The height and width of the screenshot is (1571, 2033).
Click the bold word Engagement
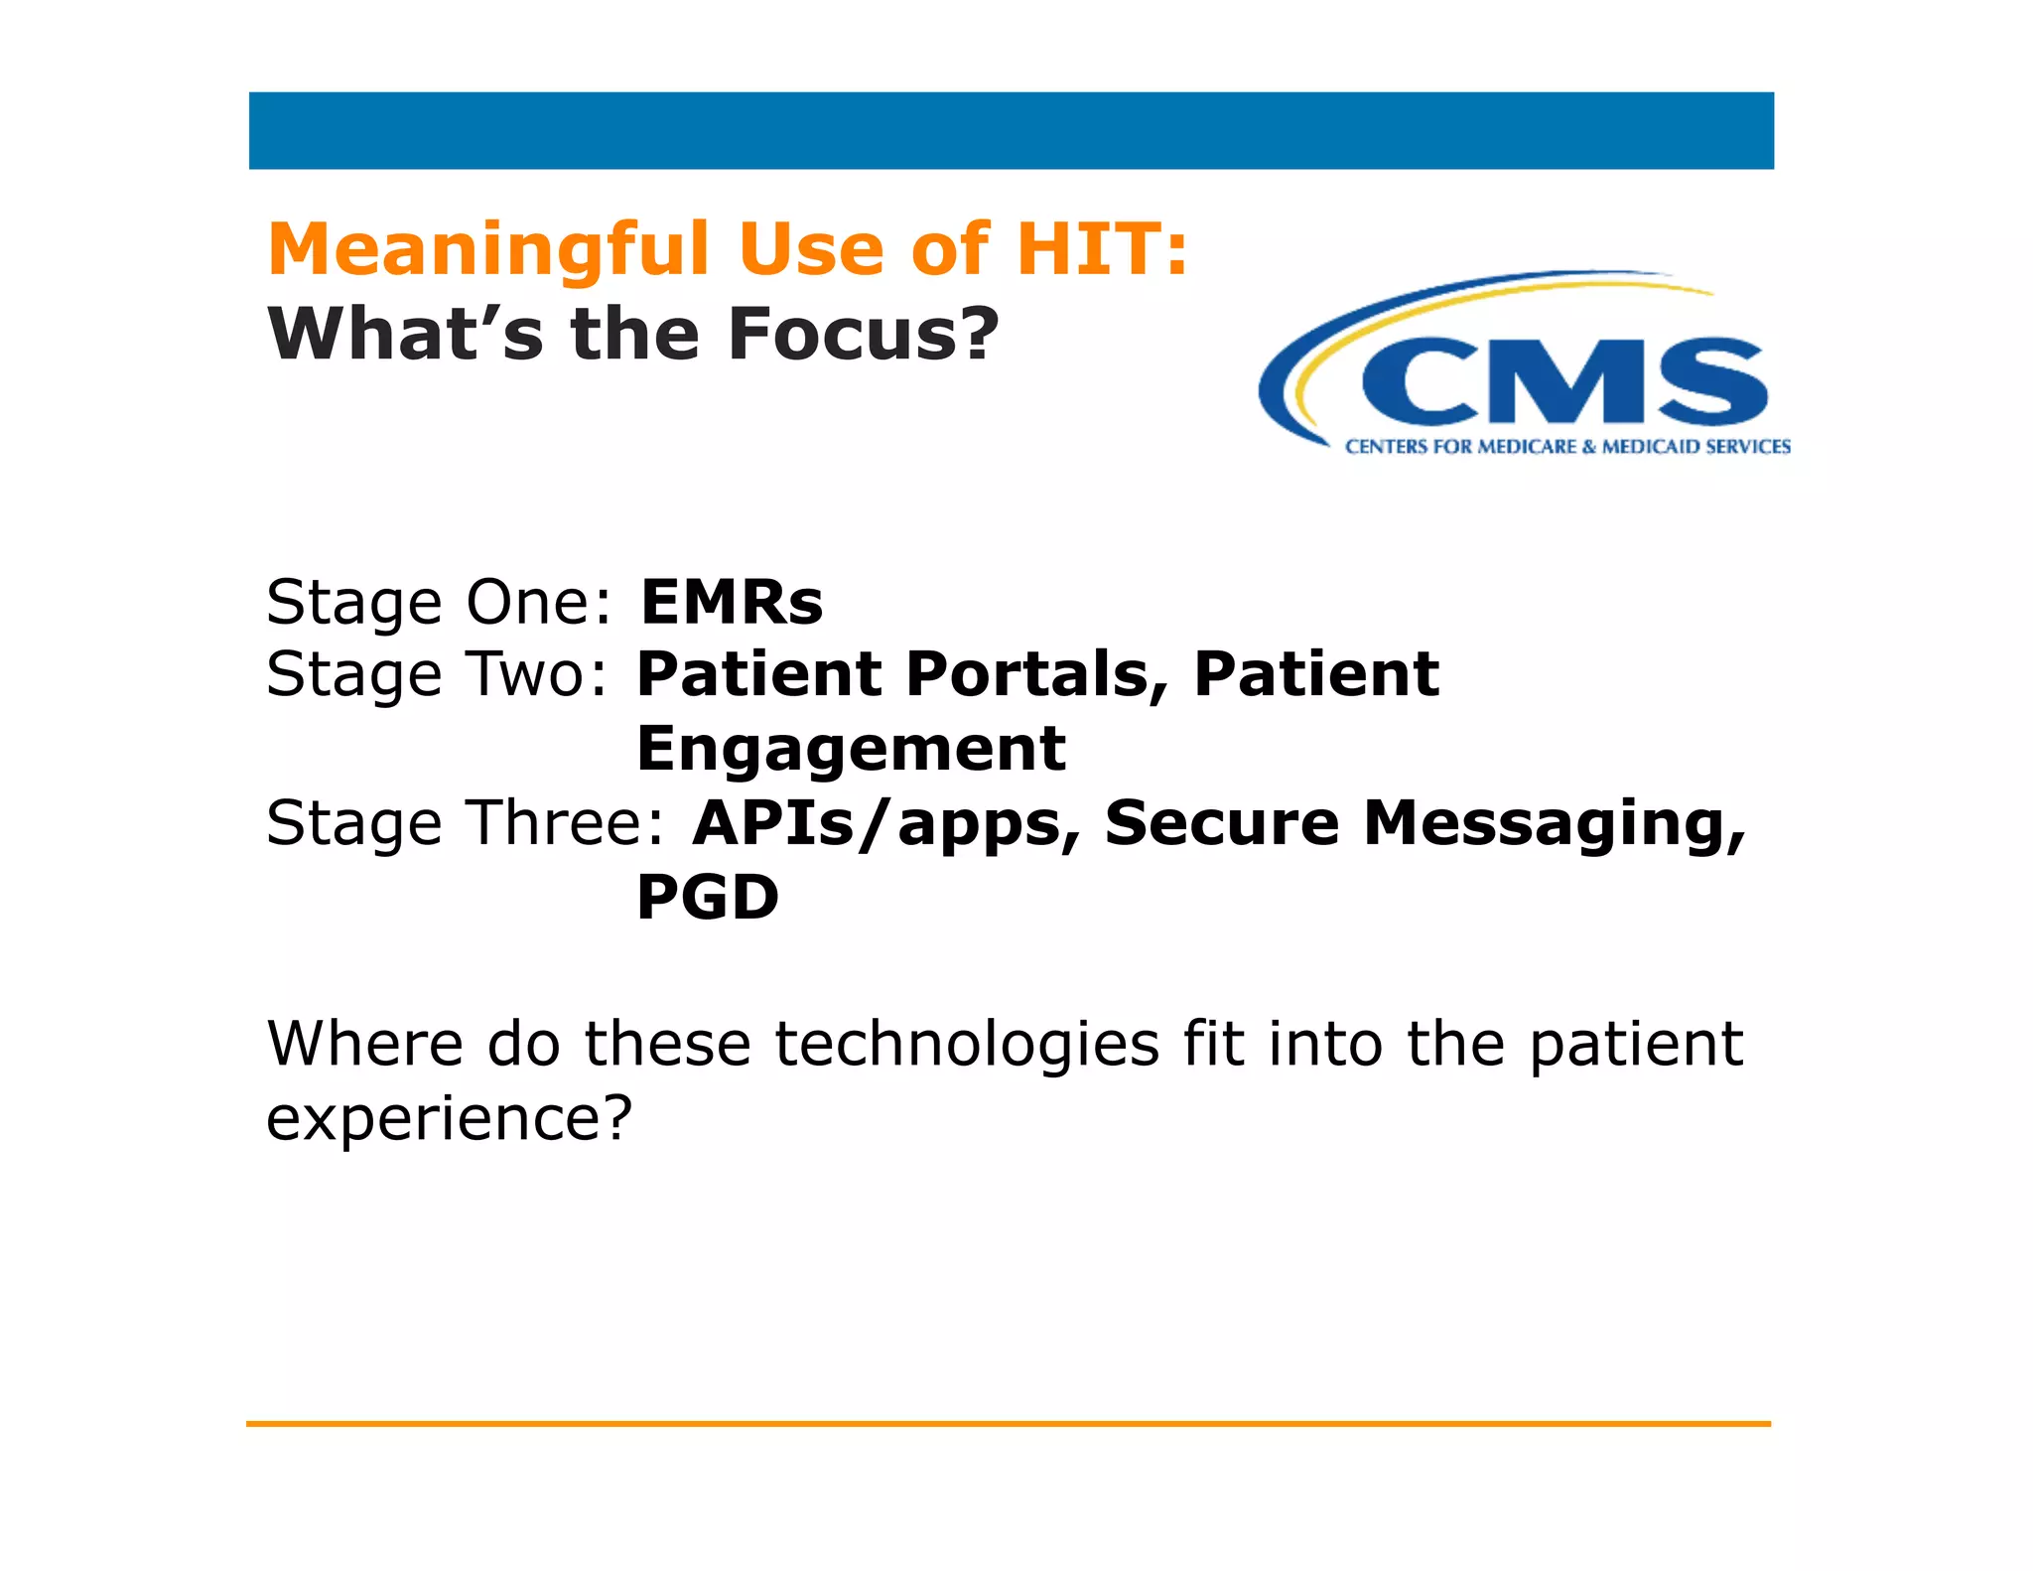[x=851, y=749]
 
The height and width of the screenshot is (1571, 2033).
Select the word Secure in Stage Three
[x=1221, y=823]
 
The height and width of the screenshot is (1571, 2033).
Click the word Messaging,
[x=1554, y=823]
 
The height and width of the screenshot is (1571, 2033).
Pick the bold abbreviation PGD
[x=707, y=898]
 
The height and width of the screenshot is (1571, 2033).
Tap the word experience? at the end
[x=449, y=1118]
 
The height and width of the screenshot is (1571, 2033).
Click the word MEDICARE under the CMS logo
[x=1527, y=447]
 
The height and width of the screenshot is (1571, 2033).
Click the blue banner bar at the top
[x=1011, y=130]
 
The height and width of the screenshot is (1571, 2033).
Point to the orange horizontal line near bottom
[x=1008, y=1424]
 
